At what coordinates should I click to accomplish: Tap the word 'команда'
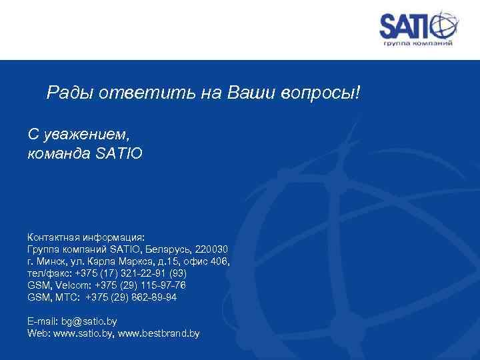pos(59,153)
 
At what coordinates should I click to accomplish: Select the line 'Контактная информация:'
pos(90,237)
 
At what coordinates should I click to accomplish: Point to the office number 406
pos(218,261)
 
